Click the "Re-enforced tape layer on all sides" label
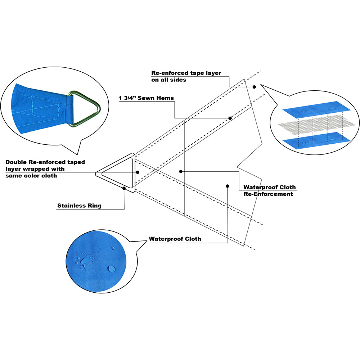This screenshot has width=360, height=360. (186, 76)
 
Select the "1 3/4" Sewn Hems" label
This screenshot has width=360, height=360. (146, 98)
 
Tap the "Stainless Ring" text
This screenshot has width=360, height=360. (79, 206)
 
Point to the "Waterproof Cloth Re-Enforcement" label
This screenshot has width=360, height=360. (269, 190)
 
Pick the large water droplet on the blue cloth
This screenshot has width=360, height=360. (112, 269)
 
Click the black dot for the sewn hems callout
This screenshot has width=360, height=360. (230, 118)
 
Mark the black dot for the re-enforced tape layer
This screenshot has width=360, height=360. (254, 87)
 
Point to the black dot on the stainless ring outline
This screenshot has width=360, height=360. (124, 188)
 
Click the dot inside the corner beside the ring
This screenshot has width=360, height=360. (138, 172)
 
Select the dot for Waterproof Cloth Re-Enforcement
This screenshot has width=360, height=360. (181, 171)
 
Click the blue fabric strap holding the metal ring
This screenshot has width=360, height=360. (68, 108)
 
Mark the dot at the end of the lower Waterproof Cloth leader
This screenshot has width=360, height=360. (228, 186)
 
